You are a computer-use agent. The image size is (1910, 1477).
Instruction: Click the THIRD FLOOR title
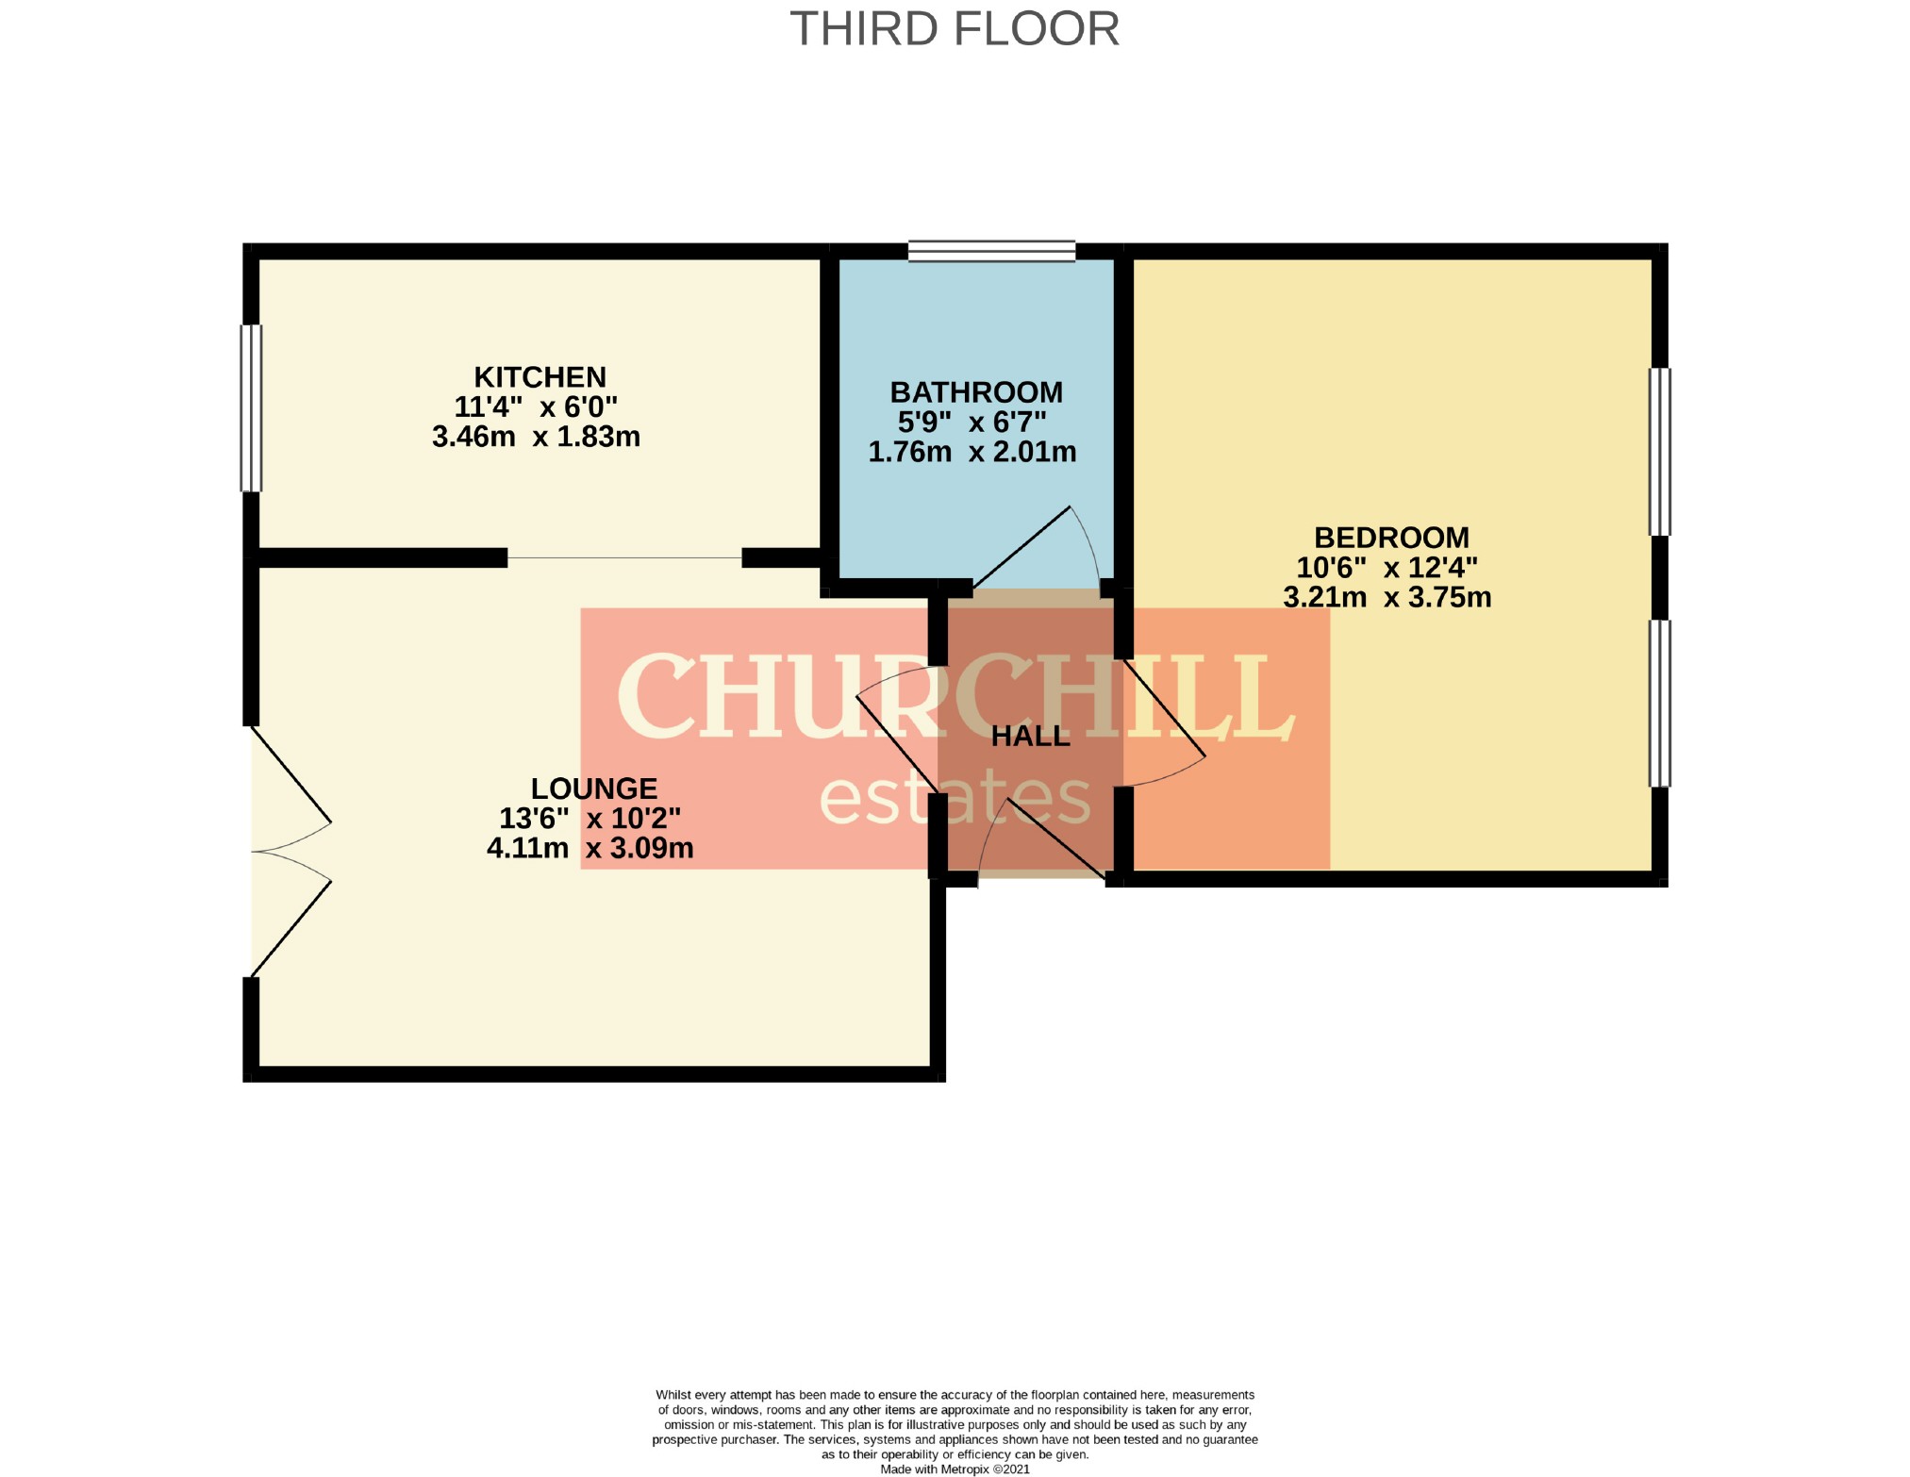coord(955,29)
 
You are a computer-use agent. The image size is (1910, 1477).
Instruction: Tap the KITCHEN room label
coord(540,377)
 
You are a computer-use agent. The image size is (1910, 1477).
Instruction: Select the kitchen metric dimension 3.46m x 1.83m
coord(536,437)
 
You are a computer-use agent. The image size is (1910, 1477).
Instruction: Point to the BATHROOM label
coord(976,392)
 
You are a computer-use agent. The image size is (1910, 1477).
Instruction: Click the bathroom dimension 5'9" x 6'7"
coord(972,422)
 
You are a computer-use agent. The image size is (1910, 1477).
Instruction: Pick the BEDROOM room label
coord(1391,538)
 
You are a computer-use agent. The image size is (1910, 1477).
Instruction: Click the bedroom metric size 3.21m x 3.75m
coord(1387,597)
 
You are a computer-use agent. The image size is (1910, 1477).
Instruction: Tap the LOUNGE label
coord(594,788)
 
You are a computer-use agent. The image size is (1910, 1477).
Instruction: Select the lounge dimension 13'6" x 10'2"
coord(590,818)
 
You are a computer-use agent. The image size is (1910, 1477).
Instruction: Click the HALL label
coord(1031,736)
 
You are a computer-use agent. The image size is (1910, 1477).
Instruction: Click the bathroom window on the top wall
coord(991,251)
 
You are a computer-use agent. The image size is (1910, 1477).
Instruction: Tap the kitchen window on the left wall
coord(251,408)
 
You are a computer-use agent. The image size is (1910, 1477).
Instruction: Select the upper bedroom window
coord(1659,452)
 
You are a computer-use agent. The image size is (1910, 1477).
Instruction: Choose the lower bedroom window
coord(1659,704)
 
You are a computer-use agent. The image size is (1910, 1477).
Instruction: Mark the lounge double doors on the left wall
coord(291,852)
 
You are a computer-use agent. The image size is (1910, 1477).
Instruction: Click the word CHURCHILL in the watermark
coord(955,697)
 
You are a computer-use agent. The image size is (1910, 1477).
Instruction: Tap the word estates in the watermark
coord(955,797)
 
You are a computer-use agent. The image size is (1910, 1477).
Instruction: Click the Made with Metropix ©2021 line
coord(955,1469)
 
